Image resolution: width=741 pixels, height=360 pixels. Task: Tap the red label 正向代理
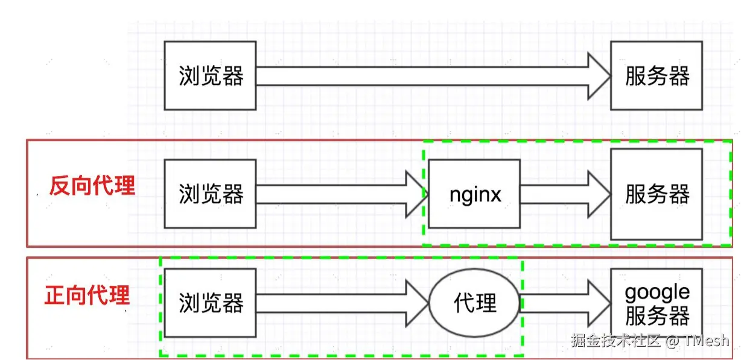pyautogui.click(x=87, y=295)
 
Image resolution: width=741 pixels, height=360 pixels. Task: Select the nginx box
pyautogui.click(x=474, y=194)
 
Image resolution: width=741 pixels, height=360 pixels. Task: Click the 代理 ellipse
pyautogui.click(x=474, y=303)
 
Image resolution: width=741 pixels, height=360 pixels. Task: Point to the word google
pyautogui.click(x=657, y=292)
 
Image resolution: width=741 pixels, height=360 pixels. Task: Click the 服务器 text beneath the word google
pyautogui.click(x=657, y=315)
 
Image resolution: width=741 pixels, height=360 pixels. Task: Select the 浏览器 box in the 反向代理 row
pyautogui.click(x=210, y=194)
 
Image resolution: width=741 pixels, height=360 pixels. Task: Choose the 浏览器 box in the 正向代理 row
pyautogui.click(x=210, y=303)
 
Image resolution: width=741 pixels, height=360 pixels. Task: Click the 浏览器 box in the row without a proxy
pyautogui.click(x=210, y=75)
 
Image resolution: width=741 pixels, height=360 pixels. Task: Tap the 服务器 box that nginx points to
pyautogui.click(x=657, y=194)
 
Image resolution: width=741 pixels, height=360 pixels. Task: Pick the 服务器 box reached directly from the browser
pyautogui.click(x=657, y=75)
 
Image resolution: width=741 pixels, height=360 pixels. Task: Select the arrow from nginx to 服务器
pyautogui.click(x=564, y=194)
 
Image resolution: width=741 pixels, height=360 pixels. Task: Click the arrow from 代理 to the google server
pyautogui.click(x=564, y=303)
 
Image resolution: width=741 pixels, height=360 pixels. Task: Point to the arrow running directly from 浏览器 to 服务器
pyautogui.click(x=422, y=76)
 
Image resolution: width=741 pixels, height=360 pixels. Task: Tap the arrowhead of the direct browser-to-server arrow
pyautogui.click(x=599, y=76)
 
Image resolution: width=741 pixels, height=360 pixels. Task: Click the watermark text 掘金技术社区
pyautogui.click(x=615, y=340)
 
